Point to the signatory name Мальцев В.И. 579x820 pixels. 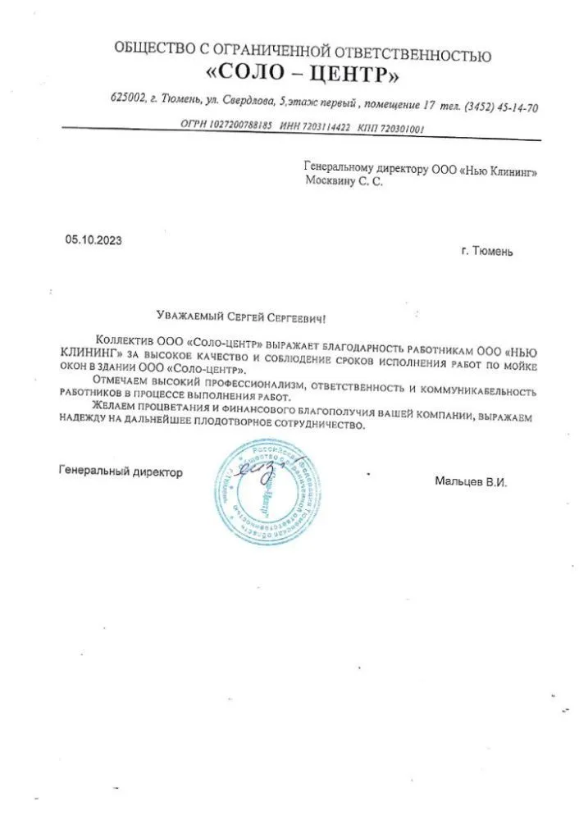[x=471, y=483]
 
